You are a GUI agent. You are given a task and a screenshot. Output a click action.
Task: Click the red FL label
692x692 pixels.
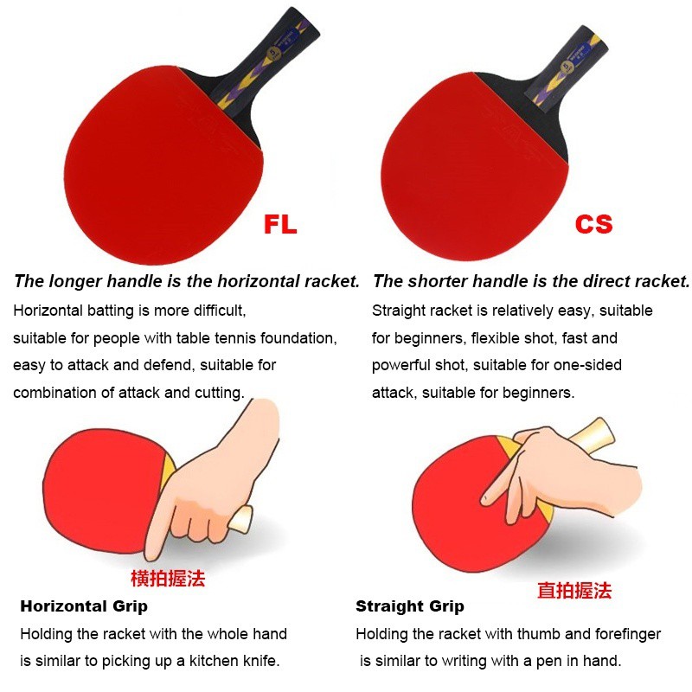tap(280, 224)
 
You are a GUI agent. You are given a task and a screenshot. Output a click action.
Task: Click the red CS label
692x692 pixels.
tap(594, 224)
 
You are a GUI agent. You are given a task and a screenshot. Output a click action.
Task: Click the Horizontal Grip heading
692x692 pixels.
tap(84, 606)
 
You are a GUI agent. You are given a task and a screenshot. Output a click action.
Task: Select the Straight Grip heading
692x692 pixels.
tap(410, 606)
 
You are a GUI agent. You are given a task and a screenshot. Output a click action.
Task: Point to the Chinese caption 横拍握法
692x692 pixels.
tap(168, 578)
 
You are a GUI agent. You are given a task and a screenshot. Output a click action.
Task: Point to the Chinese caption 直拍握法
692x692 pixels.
tap(574, 590)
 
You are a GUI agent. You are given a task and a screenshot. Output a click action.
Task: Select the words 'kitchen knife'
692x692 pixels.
tap(234, 661)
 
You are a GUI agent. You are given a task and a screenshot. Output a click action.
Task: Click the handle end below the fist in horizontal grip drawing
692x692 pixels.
tap(240, 520)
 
